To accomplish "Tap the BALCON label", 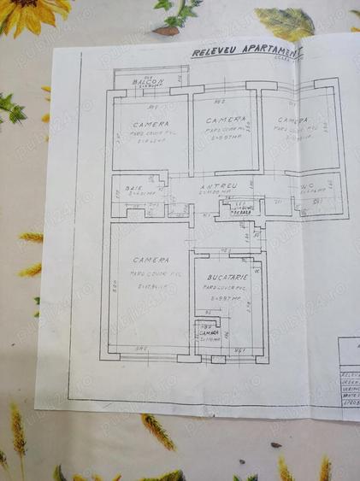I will (x=148, y=81).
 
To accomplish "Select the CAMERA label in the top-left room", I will (x=150, y=124).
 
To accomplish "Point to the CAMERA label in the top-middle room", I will (x=225, y=120).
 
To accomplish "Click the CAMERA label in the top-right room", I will (x=292, y=120).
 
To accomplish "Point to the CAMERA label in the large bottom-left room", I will (x=150, y=259).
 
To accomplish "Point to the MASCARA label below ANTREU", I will (x=241, y=210).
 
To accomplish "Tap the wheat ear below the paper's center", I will (x=158, y=431).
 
